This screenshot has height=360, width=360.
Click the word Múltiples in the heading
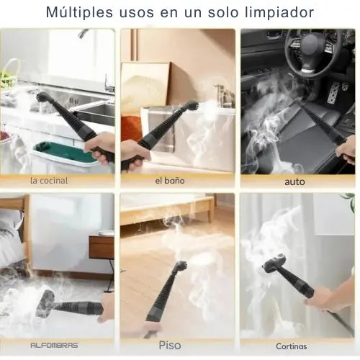pos(79,13)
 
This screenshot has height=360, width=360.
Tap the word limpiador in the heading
pos(279,12)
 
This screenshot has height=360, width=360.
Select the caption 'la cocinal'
pos(49,181)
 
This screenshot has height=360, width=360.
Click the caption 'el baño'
pos(170,181)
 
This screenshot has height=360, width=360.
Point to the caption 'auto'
pos(294,181)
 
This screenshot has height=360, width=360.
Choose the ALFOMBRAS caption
pos(54,346)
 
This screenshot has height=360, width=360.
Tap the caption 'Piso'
pos(170,346)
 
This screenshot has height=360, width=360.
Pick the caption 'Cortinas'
pos(292,346)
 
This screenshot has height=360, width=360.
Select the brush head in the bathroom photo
pos(192,106)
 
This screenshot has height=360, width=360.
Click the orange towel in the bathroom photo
pos(131,128)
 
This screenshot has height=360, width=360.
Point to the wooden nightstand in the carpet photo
pos(102,247)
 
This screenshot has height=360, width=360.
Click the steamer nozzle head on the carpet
pos(45,304)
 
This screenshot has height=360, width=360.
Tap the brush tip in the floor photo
pos(181,266)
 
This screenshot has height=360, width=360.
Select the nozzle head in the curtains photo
pos(274,264)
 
